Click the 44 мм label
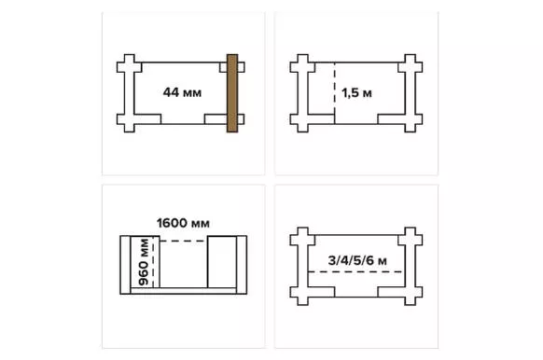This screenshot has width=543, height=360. click(x=182, y=92)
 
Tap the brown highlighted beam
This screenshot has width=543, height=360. click(x=232, y=93)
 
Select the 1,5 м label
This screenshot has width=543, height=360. click(x=356, y=92)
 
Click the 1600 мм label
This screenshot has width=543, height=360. click(x=183, y=223)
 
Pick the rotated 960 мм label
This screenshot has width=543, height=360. click(x=144, y=262)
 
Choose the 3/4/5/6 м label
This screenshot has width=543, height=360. click(x=357, y=260)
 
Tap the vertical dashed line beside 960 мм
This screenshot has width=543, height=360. click(x=153, y=262)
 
